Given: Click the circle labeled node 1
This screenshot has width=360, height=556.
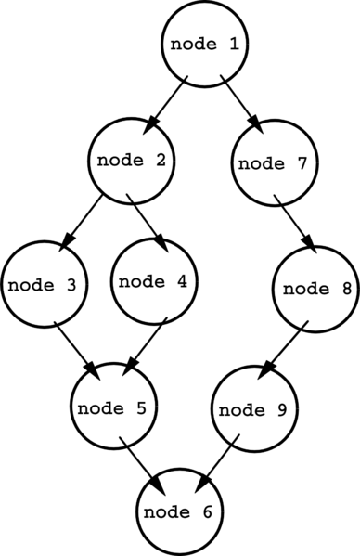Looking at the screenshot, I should (206, 43).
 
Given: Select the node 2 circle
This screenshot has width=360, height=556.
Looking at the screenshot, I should (133, 160).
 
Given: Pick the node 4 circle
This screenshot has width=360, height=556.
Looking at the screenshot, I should (155, 280).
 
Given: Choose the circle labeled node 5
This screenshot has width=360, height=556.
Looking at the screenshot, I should (113, 407).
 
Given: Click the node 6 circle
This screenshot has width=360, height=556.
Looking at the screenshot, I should (180, 511).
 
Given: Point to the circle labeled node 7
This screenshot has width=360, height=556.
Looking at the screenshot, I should (274, 163).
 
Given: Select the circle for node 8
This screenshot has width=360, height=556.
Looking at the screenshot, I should (317, 288).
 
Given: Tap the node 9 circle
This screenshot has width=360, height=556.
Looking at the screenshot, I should (253, 409).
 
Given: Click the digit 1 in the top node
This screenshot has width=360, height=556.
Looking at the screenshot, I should (235, 44).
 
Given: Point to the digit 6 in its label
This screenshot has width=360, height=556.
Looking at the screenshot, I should (207, 512).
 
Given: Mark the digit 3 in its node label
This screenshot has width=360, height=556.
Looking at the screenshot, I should (71, 285).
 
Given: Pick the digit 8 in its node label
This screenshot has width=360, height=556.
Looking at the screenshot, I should (346, 289).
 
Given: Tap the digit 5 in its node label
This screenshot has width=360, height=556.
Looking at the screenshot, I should (141, 407).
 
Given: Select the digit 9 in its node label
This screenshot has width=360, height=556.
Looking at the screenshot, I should (280, 410).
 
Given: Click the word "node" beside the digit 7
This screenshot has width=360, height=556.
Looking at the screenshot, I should (261, 164).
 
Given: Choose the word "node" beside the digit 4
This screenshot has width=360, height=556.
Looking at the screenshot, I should (141, 281).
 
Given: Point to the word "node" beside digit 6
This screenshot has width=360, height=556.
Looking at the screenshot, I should (166, 512).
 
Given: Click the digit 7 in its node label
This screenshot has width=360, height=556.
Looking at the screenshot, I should (302, 163).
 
